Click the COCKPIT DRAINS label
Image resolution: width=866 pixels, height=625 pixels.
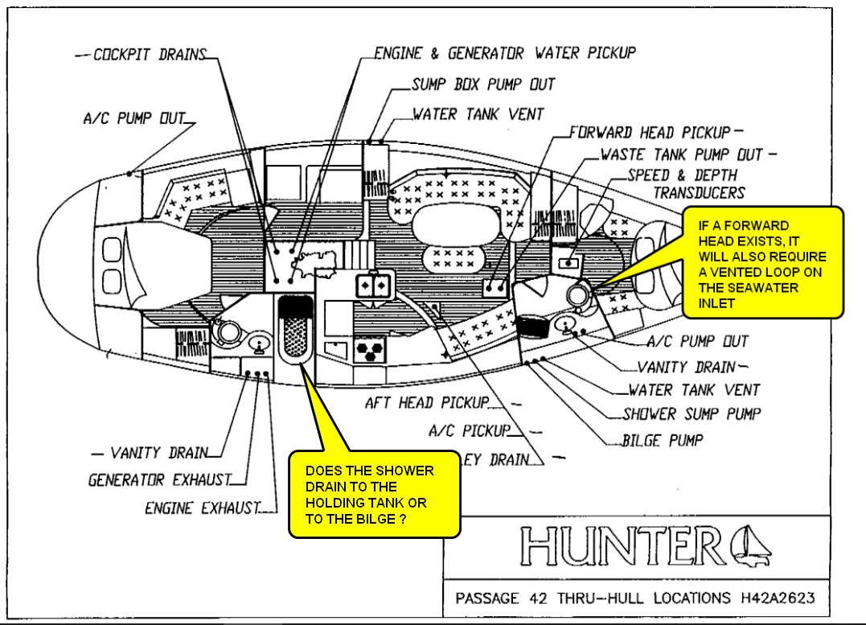coord(150,56)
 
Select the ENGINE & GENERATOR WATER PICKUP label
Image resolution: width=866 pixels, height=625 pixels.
coord(504,54)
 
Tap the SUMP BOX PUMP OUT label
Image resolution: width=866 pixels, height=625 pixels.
coord(482,84)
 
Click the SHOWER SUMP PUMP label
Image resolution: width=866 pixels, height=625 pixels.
coord(691,414)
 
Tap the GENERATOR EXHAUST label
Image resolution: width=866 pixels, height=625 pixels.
coord(159,480)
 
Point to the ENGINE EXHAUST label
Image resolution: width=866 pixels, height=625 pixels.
coord(203,508)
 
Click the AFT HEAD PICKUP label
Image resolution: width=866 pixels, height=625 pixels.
coord(426,402)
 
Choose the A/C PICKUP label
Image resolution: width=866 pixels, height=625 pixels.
coord(470,431)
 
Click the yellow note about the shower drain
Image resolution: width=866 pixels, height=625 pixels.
coord(374,495)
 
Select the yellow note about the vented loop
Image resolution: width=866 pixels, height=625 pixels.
coord(761,264)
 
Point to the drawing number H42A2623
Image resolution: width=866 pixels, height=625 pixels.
coord(773,598)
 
